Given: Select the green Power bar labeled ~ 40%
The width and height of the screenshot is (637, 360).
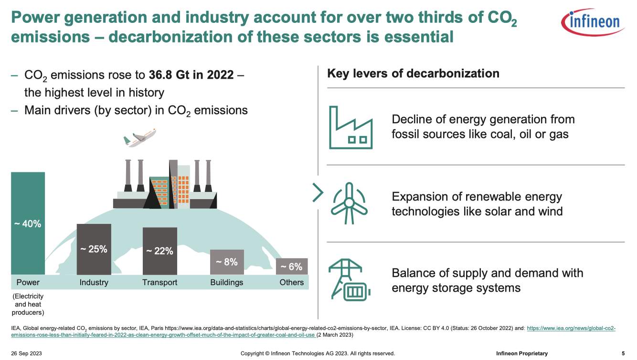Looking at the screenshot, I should pos(28,223).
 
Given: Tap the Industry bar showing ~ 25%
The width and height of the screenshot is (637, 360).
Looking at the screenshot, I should pos(94,249).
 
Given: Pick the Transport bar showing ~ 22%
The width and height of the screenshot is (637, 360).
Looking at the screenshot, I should pos(159,251).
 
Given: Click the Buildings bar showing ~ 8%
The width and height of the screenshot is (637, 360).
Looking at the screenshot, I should pos(227,262).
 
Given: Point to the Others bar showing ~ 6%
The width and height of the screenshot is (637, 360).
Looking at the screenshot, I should pos(292,266).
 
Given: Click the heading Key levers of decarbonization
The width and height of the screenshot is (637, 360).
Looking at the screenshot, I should pos(413,74).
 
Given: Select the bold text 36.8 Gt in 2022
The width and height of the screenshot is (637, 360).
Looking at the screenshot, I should pos(191,75).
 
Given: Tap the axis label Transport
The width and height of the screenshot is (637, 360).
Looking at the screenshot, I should pos(159,283).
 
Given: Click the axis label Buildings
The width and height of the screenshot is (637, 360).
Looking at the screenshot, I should pos(227,283).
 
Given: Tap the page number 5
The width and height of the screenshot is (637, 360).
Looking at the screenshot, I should pos(623,353).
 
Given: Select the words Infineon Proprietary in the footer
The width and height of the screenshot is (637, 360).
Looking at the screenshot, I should pos(522,353).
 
